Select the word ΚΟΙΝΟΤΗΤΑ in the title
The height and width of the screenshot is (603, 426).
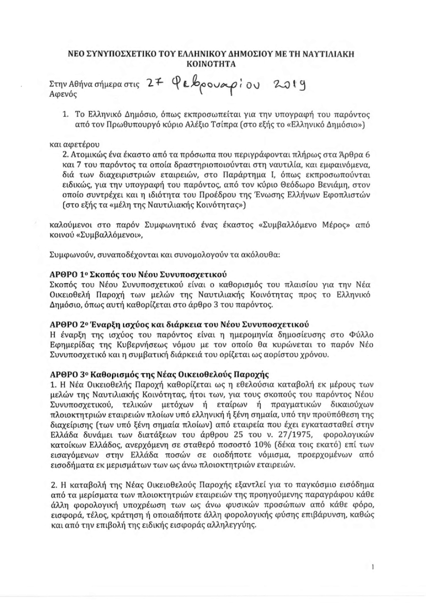point(213,63)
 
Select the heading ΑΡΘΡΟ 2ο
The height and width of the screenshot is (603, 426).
point(68,324)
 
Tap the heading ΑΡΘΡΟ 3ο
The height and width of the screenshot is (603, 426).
point(68,375)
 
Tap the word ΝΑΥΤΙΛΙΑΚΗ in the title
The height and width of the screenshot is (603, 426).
point(331,55)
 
